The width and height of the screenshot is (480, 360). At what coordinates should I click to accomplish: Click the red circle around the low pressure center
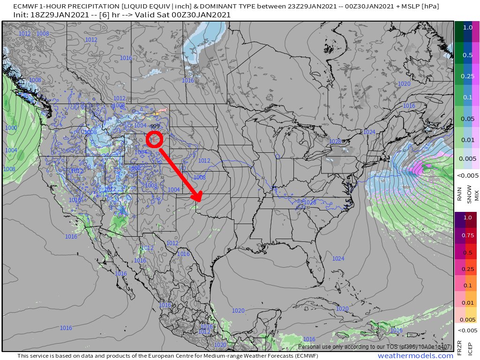coord(154,139)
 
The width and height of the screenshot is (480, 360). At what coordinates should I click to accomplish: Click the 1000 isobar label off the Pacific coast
coord(11,128)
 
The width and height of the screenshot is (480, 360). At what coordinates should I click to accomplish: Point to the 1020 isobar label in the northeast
coord(404,83)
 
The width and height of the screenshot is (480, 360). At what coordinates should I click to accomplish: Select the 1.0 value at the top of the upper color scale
coord(467,28)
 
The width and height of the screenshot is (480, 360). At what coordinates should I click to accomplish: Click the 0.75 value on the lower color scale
coord(467,235)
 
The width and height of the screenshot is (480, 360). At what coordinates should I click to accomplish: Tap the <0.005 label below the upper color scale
coord(467,175)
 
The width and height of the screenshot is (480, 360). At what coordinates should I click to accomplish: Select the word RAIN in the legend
coord(459,194)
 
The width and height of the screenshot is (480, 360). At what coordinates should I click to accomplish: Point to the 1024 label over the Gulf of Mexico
coord(338,259)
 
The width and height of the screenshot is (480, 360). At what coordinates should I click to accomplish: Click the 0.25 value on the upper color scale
coord(467,76)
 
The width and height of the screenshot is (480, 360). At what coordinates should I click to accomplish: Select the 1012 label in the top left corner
coord(24,34)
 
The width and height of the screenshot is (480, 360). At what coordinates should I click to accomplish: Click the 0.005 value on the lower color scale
coord(467,319)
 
